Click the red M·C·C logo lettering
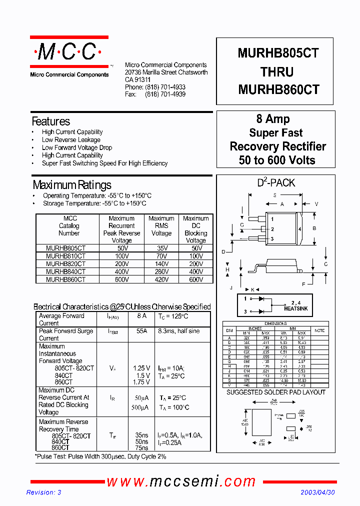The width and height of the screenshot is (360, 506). pyautogui.click(x=68, y=51)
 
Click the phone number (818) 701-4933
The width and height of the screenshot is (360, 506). pyautogui.click(x=165, y=87)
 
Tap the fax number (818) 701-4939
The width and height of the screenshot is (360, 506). pyautogui.click(x=165, y=94)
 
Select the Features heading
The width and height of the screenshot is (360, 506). pyautogui.click(x=50, y=121)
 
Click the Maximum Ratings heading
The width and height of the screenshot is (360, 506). pyautogui.click(x=72, y=185)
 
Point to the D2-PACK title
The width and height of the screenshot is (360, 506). pyautogui.click(x=276, y=183)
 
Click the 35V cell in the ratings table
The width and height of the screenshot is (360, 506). pyautogui.click(x=161, y=248)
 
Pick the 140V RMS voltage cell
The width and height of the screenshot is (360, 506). pyautogui.click(x=161, y=264)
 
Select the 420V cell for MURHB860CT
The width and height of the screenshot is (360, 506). pyautogui.click(x=161, y=280)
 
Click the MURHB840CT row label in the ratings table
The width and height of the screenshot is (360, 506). pyautogui.click(x=65, y=272)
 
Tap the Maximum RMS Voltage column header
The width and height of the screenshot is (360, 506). pyautogui.click(x=161, y=225)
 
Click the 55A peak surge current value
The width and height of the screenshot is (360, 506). pyautogui.click(x=141, y=331)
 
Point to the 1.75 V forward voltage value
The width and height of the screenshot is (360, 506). pyautogui.click(x=141, y=382)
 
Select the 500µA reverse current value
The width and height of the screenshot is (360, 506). pyautogui.click(x=141, y=407)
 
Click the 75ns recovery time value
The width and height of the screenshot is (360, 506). pyautogui.click(x=141, y=448)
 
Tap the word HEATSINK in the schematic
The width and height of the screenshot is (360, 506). pyautogui.click(x=295, y=309)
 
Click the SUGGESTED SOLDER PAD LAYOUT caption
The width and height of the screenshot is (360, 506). pyautogui.click(x=275, y=392)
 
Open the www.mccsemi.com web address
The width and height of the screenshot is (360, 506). pyautogui.click(x=181, y=481)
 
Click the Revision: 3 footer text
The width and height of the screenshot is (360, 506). pyautogui.click(x=43, y=492)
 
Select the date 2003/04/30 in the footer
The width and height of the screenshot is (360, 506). pyautogui.click(x=317, y=492)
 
